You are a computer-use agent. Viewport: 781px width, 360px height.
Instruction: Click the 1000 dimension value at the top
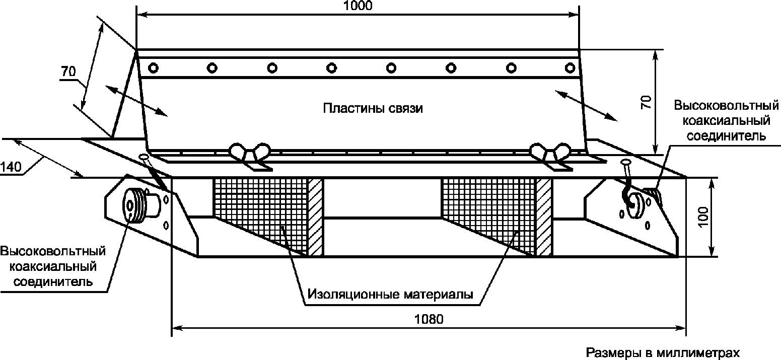pyautogui.click(x=358, y=6)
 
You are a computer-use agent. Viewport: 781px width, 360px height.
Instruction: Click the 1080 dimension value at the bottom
pyautogui.click(x=429, y=319)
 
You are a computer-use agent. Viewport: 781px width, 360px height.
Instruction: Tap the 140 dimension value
pyautogui.click(x=11, y=167)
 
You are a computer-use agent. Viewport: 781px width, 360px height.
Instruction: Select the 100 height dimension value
pyautogui.click(x=703, y=217)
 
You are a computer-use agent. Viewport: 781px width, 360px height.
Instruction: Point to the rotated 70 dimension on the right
pyautogui.click(x=646, y=102)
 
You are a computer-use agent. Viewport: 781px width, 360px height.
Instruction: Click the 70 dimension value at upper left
pyautogui.click(x=68, y=71)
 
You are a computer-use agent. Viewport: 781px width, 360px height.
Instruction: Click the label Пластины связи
pyautogui.click(x=373, y=108)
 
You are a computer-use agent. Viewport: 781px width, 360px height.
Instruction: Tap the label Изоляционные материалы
pyautogui.click(x=390, y=295)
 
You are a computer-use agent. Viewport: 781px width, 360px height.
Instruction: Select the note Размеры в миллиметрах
pyautogui.click(x=663, y=352)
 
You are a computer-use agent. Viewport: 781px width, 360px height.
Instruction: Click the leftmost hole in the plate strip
pyautogui.click(x=153, y=67)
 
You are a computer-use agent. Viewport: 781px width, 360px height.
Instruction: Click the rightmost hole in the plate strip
pyautogui.click(x=570, y=67)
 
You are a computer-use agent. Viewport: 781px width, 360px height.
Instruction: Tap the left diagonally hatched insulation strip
pyautogui.click(x=316, y=218)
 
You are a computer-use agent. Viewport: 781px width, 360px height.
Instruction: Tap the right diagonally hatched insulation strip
pyautogui.click(x=544, y=218)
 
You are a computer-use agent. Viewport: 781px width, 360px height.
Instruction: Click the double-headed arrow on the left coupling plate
pyautogui.click(x=136, y=100)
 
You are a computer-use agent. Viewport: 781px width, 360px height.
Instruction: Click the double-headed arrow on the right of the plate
pyautogui.click(x=586, y=106)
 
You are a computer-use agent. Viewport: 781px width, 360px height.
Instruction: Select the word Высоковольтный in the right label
pyautogui.click(x=726, y=105)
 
